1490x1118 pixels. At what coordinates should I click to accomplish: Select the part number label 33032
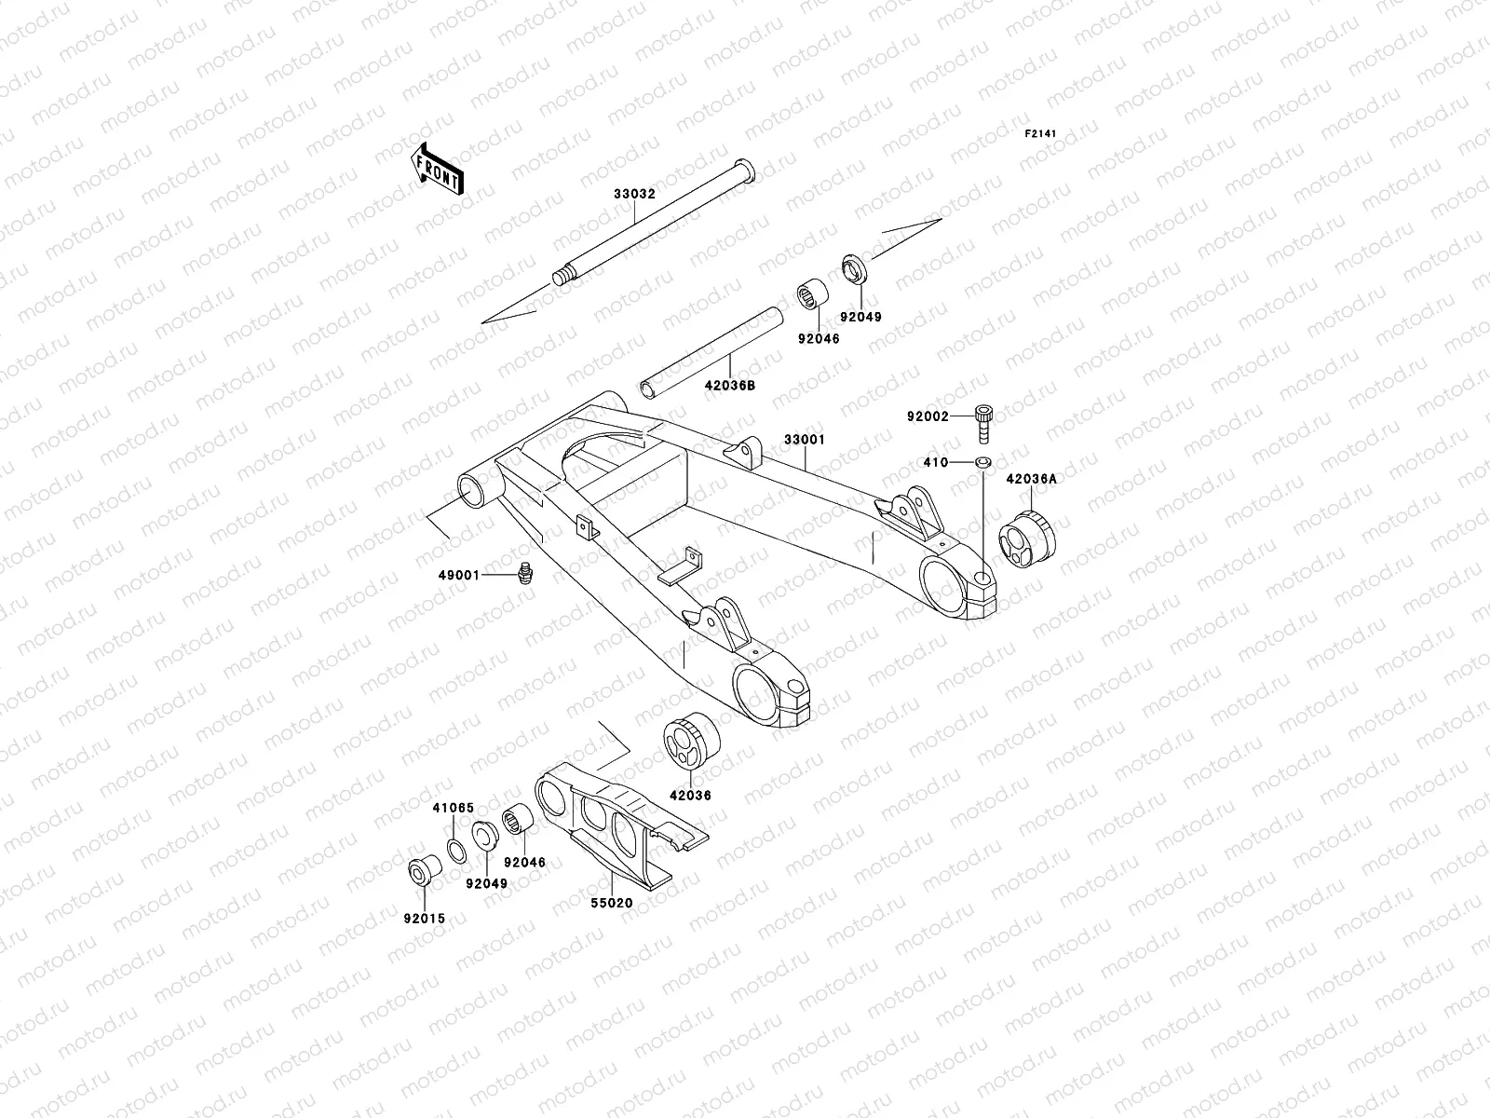tap(634, 195)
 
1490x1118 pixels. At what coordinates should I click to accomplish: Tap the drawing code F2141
tap(1044, 134)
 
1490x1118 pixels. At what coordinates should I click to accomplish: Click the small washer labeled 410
tap(983, 462)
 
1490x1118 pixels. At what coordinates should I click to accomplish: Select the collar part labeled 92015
tap(424, 873)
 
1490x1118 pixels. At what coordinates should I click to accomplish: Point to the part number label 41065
tap(453, 808)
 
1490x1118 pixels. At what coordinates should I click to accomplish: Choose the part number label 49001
tap(458, 576)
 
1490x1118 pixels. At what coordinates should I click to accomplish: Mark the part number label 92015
tap(424, 919)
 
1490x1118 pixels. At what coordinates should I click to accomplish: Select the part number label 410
tap(936, 463)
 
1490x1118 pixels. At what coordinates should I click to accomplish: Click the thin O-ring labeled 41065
tap(456, 852)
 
